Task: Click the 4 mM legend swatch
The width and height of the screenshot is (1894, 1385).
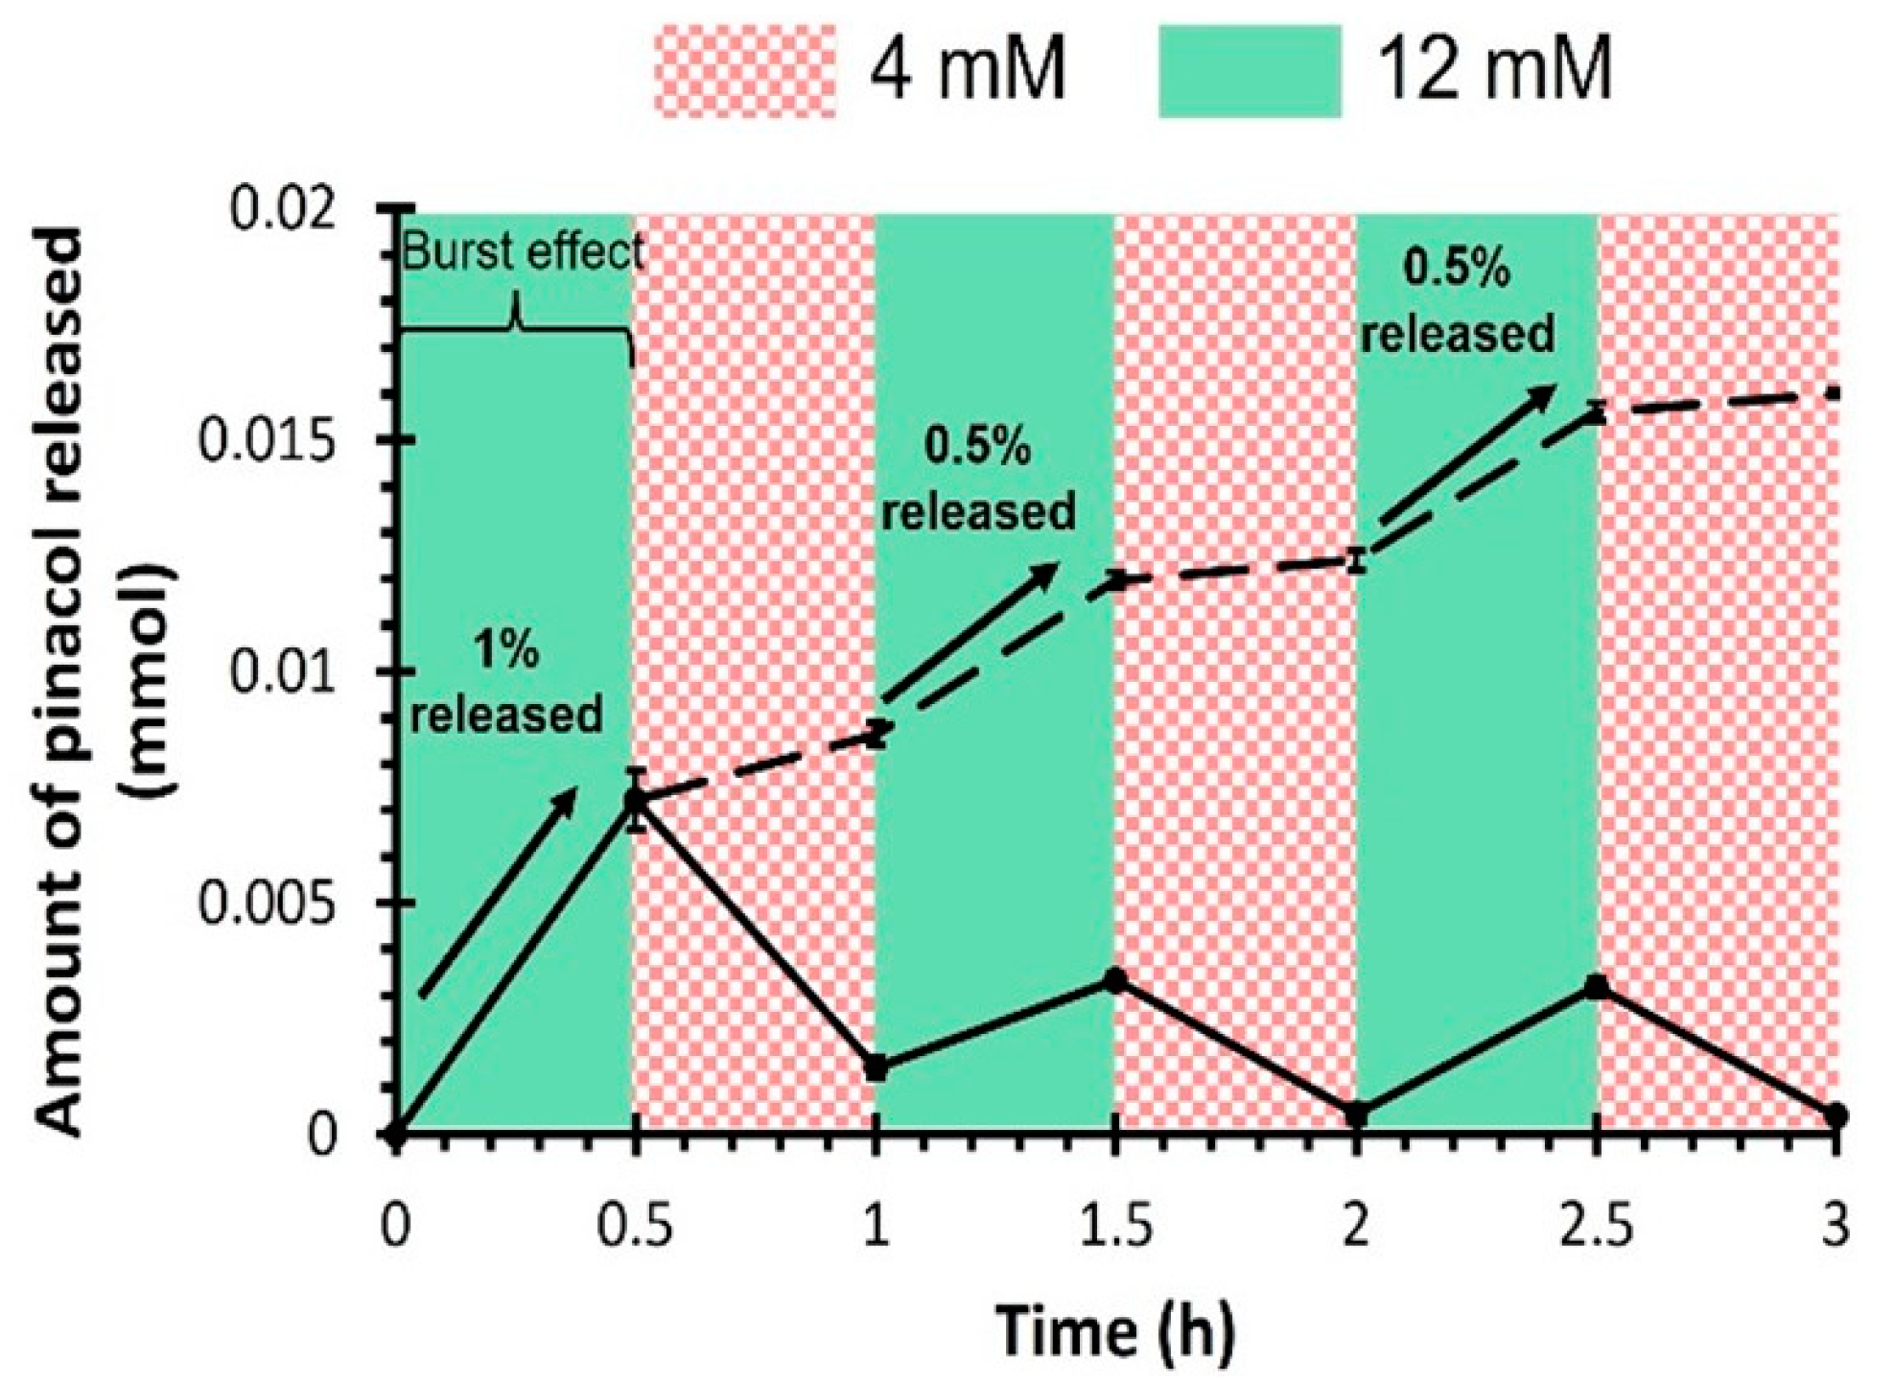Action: (744, 71)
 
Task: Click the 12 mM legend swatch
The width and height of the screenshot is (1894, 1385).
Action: (1249, 71)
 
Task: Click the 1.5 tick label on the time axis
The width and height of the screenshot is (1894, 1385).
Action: (1114, 1229)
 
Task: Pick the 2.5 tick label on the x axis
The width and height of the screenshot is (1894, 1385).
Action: (1595, 1229)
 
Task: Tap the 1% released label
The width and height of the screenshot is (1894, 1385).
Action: (506, 683)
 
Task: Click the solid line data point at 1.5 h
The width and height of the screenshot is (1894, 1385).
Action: (1114, 980)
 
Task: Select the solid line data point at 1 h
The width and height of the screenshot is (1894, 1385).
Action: (875, 1068)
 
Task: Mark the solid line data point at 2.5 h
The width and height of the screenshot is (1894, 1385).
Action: (1596, 986)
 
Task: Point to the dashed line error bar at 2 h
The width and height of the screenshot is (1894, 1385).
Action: (1355, 560)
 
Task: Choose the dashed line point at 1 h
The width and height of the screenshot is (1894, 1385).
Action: (875, 735)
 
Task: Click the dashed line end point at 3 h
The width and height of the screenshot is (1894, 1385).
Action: (1834, 392)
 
